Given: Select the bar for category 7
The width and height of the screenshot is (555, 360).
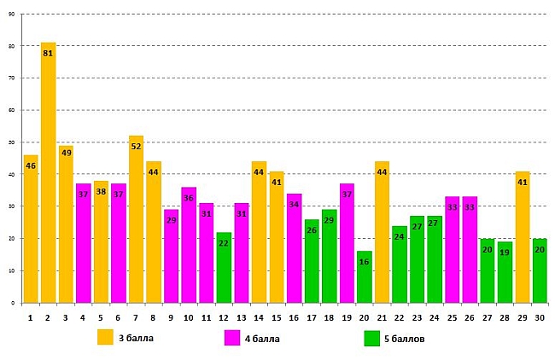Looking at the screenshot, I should [136, 222].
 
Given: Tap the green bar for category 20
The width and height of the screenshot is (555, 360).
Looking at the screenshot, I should [365, 278].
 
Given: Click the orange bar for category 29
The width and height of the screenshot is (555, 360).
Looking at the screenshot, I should [523, 239].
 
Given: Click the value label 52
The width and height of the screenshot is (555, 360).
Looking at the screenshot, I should [136, 146].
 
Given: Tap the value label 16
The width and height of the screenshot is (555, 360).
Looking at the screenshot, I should [365, 262].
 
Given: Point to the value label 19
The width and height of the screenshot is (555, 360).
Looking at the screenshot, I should [505, 253].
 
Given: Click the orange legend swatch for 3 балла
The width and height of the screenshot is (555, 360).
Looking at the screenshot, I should [105, 337].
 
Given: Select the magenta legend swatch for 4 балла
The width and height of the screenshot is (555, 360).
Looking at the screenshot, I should [231, 337].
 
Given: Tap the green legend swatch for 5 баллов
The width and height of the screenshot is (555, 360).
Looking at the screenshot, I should [371, 337].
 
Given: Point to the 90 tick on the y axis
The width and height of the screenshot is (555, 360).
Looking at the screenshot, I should [10, 14].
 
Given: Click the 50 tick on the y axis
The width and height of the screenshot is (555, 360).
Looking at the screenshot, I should [10, 142].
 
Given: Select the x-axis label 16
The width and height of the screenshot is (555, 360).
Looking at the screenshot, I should [294, 317].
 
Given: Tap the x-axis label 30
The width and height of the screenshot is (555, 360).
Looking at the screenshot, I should [540, 317].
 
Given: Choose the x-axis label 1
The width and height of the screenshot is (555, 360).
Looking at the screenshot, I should [30, 317].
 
